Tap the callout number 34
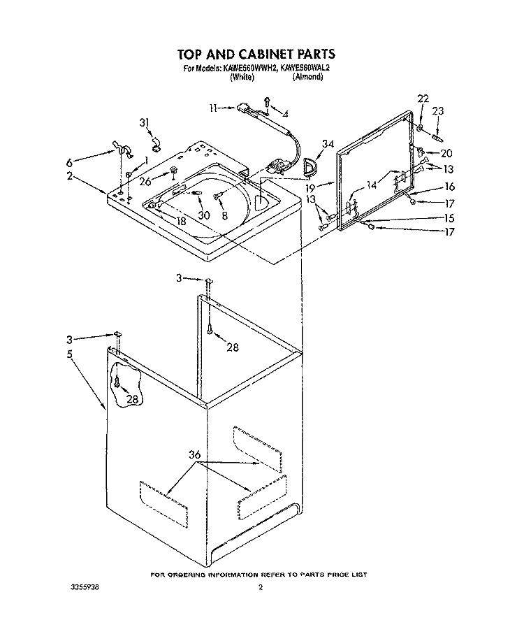pyautogui.click(x=328, y=143)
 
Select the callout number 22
pyautogui.click(x=423, y=99)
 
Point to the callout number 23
pyautogui.click(x=438, y=110)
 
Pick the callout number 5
pyautogui.click(x=70, y=354)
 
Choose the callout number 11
pyautogui.click(x=214, y=108)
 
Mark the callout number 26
pyautogui.click(x=145, y=182)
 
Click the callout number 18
pyautogui.click(x=181, y=221)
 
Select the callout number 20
pyautogui.click(x=446, y=153)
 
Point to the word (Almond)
pyautogui.click(x=307, y=77)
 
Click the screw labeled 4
pyautogui.click(x=267, y=103)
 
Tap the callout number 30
pyautogui.click(x=204, y=215)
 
